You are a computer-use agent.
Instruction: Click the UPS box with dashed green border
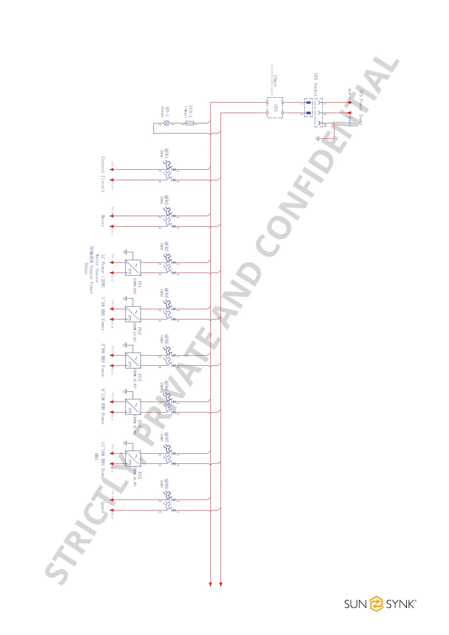[x=275, y=107]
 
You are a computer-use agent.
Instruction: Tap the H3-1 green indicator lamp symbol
[x=166, y=123]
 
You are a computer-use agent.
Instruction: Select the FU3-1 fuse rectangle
[x=190, y=123]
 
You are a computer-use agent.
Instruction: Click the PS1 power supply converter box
[x=133, y=267]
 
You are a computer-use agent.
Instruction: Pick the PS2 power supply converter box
[x=133, y=314]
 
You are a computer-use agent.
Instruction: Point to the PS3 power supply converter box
[x=133, y=360]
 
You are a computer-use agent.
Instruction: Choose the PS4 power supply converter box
[x=133, y=407]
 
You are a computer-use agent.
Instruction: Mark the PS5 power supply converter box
[x=133, y=459]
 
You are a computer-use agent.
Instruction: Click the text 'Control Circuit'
[x=103, y=175]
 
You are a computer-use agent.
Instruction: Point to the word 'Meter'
[x=103, y=221]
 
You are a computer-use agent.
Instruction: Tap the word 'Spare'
[x=103, y=506]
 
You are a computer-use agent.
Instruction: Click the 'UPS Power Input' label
[x=361, y=107]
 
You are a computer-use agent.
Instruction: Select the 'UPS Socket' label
[x=316, y=85]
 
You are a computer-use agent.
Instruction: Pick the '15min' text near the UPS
[x=276, y=81]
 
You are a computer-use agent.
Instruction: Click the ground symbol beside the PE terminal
[x=318, y=138]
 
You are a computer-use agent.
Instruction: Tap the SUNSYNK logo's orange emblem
[x=376, y=604]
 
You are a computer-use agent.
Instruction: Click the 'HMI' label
[x=96, y=456]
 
